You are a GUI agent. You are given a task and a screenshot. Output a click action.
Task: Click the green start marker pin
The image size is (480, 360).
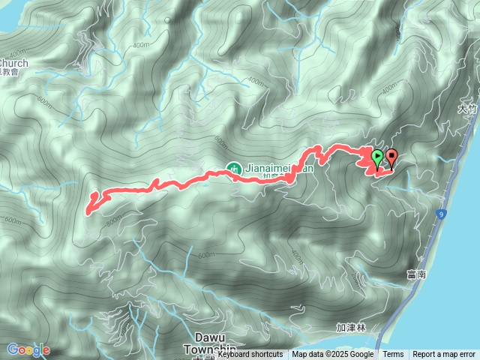pyautogui.click(x=377, y=157)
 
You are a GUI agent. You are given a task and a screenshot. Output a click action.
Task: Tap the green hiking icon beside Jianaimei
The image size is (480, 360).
pyautogui.click(x=232, y=168)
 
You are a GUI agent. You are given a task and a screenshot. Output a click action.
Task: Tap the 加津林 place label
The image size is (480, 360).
pyautogui.click(x=350, y=328)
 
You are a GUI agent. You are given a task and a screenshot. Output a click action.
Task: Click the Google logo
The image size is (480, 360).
pyautogui.click(x=28, y=349)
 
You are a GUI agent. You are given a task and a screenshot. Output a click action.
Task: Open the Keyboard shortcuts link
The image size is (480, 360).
pyautogui.click(x=250, y=354)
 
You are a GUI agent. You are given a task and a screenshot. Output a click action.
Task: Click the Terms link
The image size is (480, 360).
pyautogui.click(x=393, y=354)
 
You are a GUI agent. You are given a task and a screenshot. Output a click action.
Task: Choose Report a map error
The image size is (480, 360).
pyautogui.click(x=444, y=354)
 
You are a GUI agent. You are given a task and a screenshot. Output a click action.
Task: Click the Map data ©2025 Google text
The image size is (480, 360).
pyautogui.click(x=333, y=354)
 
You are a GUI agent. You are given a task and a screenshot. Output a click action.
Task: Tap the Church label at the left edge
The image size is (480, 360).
pyautogui.click(x=14, y=64)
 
